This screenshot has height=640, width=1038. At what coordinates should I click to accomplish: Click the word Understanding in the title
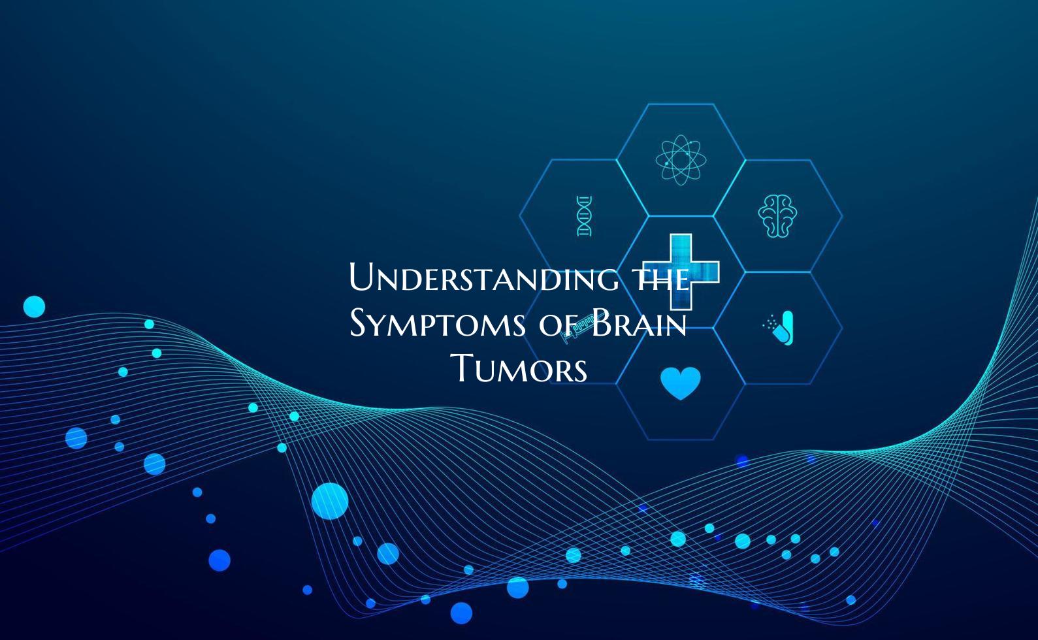click(x=483, y=279)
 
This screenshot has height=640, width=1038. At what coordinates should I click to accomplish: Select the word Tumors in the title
click(x=521, y=369)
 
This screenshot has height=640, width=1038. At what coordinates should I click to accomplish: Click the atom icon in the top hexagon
click(x=681, y=159)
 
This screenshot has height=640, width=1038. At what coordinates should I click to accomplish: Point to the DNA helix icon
click(x=584, y=216)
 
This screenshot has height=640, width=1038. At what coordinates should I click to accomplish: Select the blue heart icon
click(x=680, y=383)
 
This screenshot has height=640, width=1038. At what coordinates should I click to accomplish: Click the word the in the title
click(x=662, y=279)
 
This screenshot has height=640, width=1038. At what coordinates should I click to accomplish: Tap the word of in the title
click(x=560, y=324)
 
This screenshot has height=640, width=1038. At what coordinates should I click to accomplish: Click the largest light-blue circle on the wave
click(x=329, y=501)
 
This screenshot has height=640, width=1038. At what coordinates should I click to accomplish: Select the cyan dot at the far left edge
click(x=34, y=306)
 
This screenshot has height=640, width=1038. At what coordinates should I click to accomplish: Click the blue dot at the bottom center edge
click(x=461, y=613)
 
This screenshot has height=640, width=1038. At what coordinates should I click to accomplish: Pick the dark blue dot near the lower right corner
click(x=851, y=600)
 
